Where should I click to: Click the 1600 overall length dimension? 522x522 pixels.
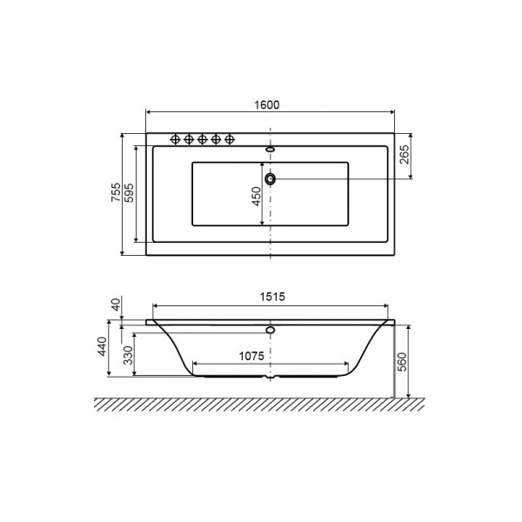coord(267,104)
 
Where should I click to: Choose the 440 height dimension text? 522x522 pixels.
coord(102,347)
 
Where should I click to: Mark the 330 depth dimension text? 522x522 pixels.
coord(128,356)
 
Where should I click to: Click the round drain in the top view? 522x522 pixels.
coord(271,178)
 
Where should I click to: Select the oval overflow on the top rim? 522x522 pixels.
coord(271,149)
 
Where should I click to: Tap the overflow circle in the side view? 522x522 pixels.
coord(271,331)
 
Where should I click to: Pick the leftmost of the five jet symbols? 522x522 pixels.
coord(174,138)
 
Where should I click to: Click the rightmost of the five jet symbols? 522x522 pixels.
coord(230,138)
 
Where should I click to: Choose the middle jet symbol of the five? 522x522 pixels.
coord(202,138)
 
